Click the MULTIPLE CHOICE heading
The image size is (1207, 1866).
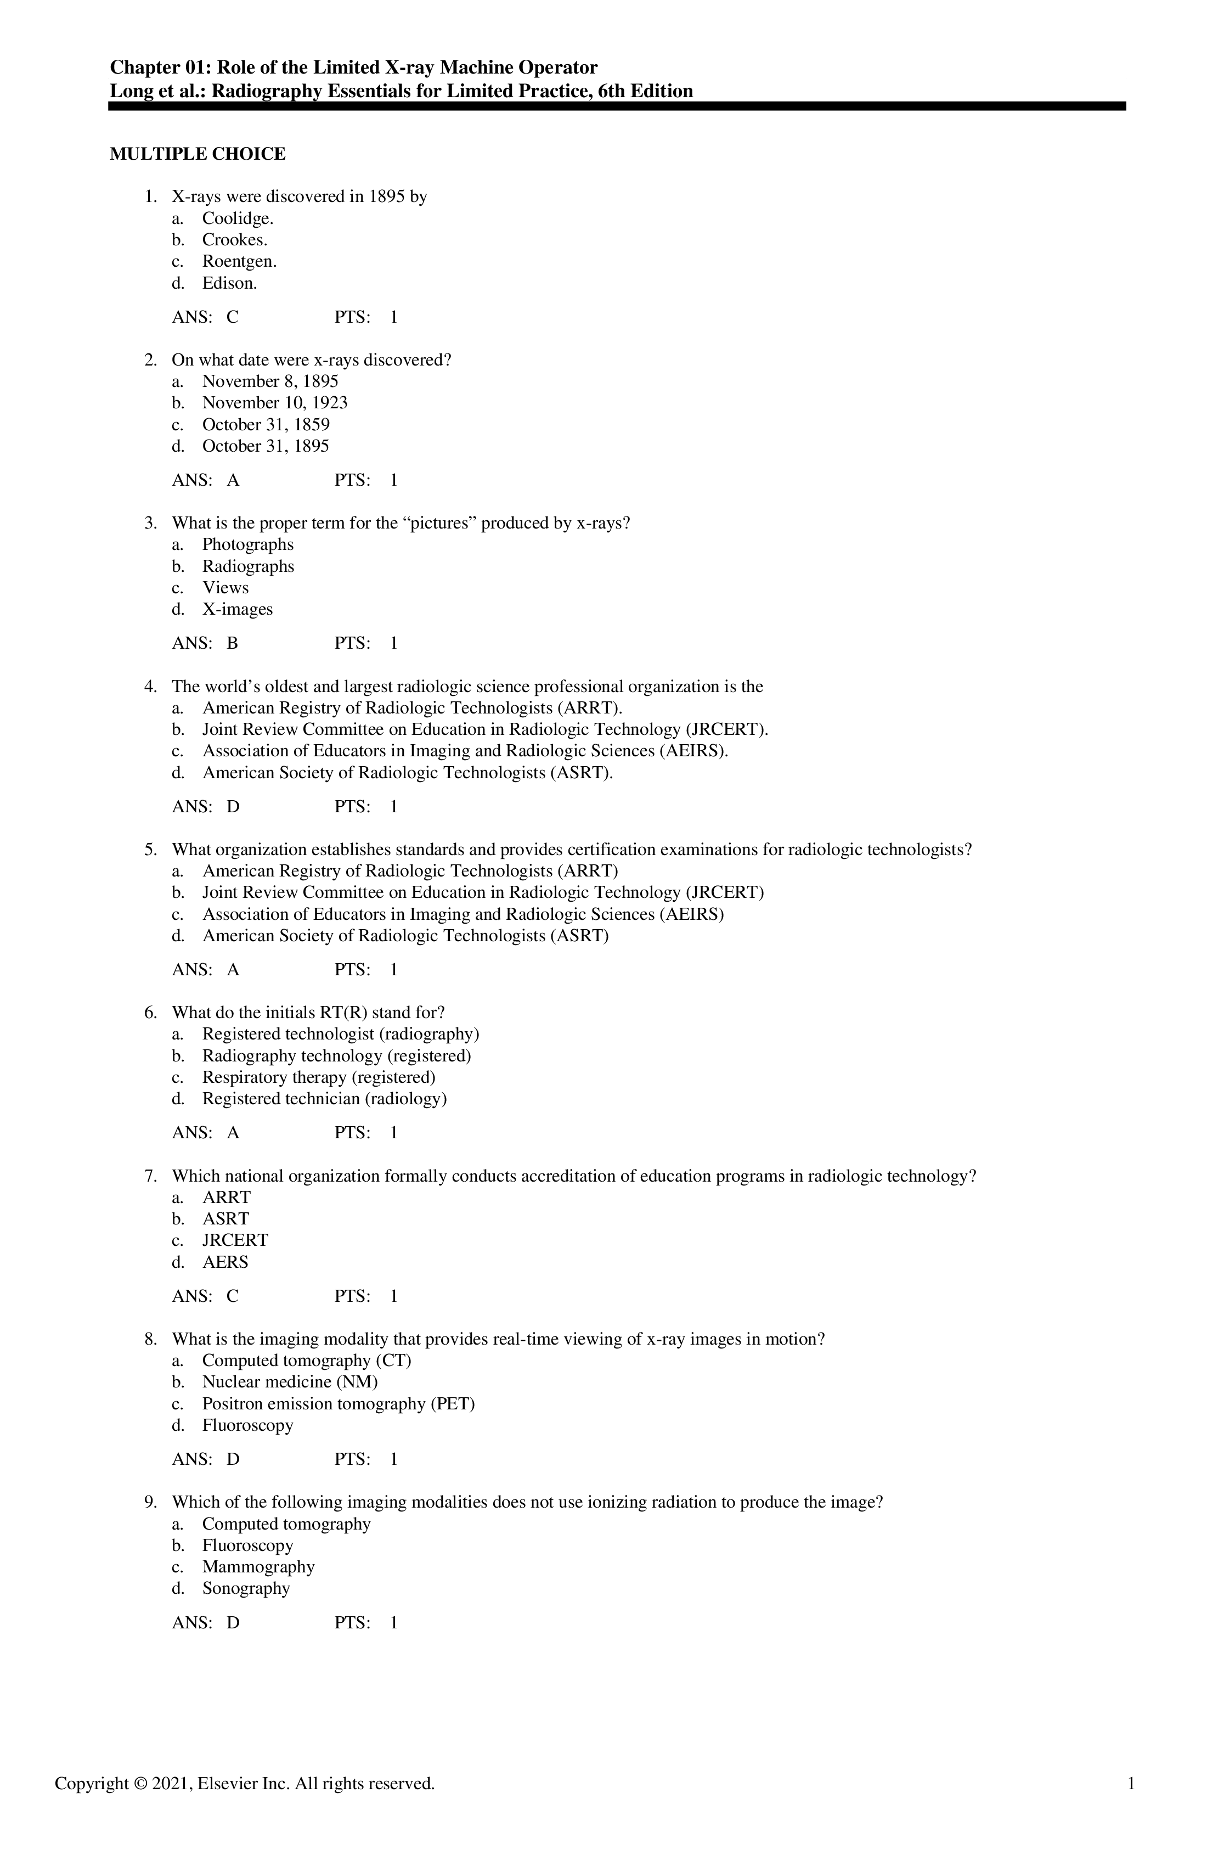coord(198,154)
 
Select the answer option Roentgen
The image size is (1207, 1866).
coord(239,261)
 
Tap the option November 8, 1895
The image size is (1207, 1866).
coord(269,382)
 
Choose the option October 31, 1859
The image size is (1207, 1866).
coord(266,425)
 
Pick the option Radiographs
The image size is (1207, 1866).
coord(247,566)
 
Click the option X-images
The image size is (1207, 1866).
coord(238,609)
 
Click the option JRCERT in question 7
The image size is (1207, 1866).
coord(235,1240)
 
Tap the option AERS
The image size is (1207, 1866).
coord(225,1262)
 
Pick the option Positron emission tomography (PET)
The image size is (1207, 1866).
coord(338,1403)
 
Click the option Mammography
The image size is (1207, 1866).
coord(258,1566)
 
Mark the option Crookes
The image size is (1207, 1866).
coord(234,240)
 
